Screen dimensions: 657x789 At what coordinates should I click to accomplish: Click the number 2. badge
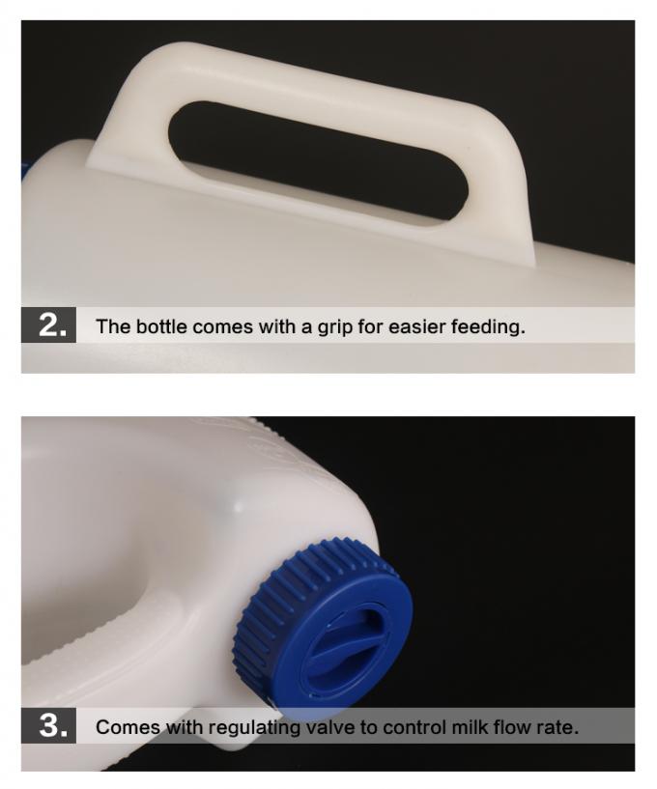pos(48,325)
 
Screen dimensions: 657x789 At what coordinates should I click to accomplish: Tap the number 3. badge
pos(48,725)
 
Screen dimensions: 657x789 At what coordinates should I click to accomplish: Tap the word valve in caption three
pos(341,727)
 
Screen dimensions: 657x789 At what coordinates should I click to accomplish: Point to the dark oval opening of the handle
pos(317,162)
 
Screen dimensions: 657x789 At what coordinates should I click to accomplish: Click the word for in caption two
pos(370,326)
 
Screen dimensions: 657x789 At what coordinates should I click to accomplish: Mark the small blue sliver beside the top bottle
pos(23,171)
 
